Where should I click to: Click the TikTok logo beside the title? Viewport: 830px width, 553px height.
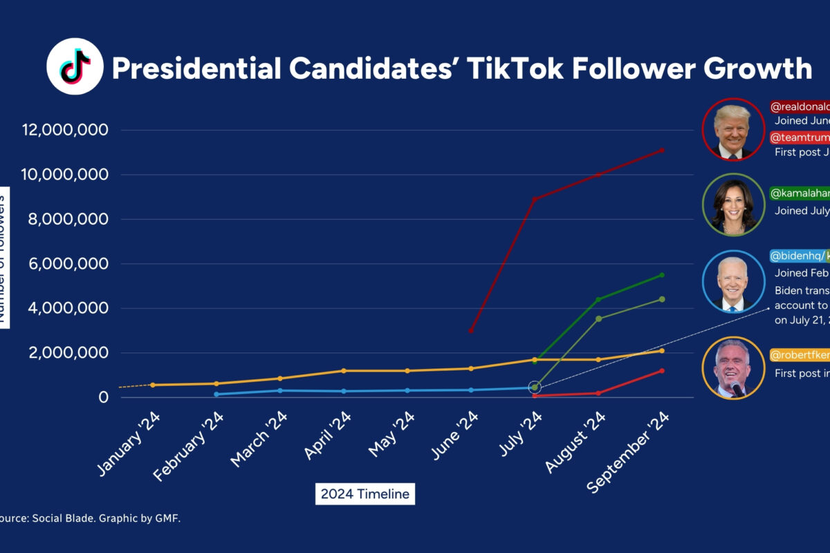point(75,66)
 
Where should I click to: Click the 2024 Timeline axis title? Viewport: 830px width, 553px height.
point(365,494)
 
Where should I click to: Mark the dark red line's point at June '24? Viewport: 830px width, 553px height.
point(471,330)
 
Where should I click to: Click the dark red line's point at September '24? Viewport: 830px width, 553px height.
point(662,150)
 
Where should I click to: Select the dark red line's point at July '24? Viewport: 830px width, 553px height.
point(535,199)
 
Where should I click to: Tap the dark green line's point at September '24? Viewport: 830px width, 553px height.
point(662,275)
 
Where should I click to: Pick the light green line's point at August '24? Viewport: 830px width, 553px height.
point(598,319)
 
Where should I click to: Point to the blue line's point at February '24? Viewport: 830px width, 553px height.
point(216,394)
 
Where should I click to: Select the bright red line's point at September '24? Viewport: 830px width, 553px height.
point(662,371)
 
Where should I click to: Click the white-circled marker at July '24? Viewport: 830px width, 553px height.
point(534,387)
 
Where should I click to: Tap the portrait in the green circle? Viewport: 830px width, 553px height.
point(732,205)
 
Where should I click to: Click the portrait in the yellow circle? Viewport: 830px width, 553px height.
point(732,368)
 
